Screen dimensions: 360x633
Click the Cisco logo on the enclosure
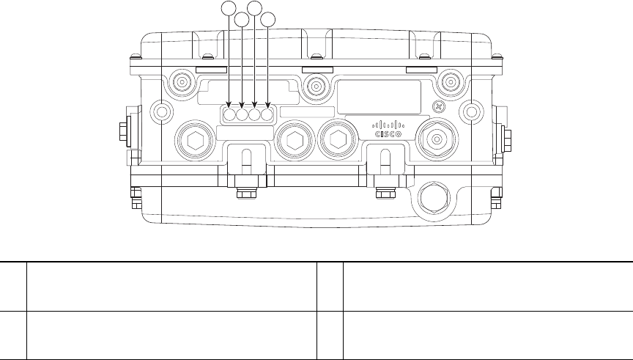click(x=388, y=129)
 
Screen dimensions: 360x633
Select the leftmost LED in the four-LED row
click(x=230, y=114)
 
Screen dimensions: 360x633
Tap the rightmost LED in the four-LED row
click(x=266, y=114)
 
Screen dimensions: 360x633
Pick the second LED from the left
click(x=242, y=114)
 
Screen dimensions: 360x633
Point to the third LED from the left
click(x=254, y=114)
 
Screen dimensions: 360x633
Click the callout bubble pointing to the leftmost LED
click(x=229, y=8)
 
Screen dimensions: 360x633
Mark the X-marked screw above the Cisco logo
click(x=439, y=106)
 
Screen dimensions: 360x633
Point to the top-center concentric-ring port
click(x=316, y=87)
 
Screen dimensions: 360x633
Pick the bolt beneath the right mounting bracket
click(x=382, y=194)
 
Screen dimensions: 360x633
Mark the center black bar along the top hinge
click(x=316, y=68)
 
